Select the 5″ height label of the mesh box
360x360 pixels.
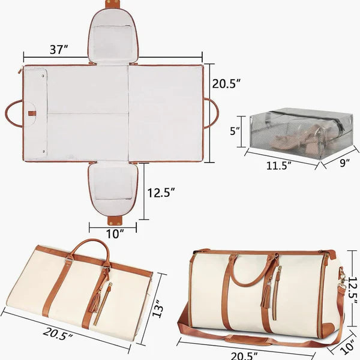[x=236, y=130]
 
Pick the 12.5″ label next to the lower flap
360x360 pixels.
[x=161, y=193]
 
